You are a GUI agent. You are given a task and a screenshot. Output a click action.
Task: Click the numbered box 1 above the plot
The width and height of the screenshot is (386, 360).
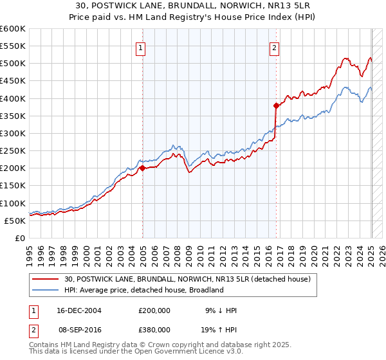tap(140, 47)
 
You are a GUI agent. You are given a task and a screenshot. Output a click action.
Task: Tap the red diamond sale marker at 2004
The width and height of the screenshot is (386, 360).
tap(142, 168)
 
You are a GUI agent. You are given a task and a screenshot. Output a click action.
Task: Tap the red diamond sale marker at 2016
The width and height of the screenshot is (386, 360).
tap(276, 105)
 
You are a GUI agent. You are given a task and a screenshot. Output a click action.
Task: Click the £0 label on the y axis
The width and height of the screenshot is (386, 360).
tap(19, 238)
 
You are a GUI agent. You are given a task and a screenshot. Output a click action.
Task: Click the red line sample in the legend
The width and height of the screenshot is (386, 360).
tap(46, 279)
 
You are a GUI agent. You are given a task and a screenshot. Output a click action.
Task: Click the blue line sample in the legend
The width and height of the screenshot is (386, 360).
tap(46, 290)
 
